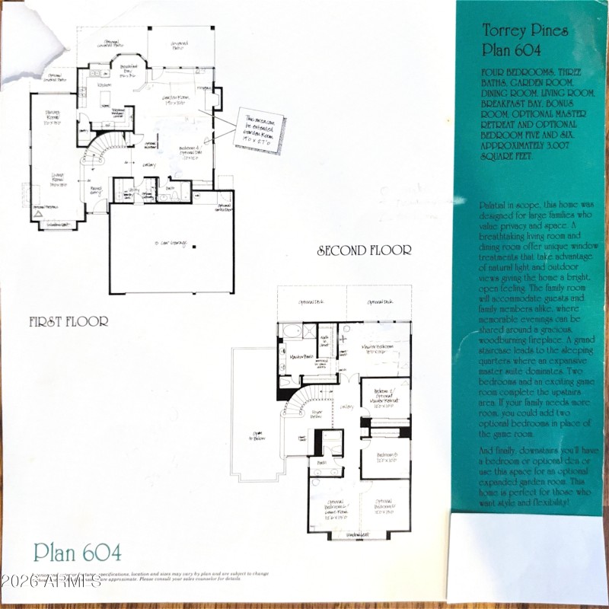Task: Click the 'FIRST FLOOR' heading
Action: (69, 321)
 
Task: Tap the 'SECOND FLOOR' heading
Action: (365, 250)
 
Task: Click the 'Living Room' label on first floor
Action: (50, 179)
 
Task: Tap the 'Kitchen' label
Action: (105, 85)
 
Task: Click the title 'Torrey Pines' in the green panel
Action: (517, 31)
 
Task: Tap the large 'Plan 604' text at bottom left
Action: (77, 552)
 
